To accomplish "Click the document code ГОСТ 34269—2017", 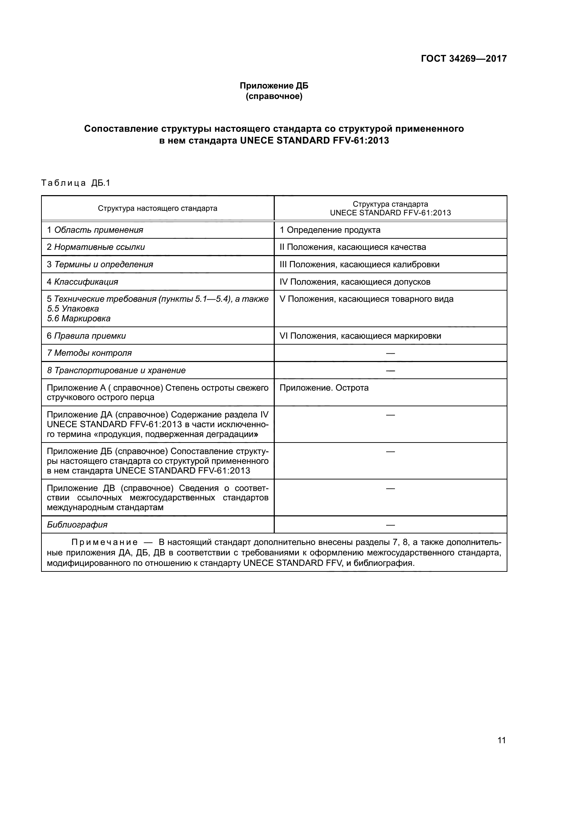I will [464, 59].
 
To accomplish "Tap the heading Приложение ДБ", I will [274, 86].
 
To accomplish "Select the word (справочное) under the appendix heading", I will [274, 97].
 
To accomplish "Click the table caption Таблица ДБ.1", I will [76, 183].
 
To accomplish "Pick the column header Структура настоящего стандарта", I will [157, 208].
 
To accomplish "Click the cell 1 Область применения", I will [95, 230].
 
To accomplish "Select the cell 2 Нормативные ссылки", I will [96, 247].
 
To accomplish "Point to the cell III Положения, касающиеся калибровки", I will [359, 264].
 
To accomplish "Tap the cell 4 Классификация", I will [82, 282].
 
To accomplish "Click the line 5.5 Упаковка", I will [73, 309].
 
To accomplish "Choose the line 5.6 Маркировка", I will [79, 318].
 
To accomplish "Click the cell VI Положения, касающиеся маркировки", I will [360, 336].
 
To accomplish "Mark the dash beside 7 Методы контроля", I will [390, 353].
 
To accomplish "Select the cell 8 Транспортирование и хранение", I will [116, 371].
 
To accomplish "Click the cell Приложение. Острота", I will [324, 388].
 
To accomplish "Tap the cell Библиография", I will [77, 525].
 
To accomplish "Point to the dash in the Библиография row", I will [390, 525].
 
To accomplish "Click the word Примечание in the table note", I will [104, 543].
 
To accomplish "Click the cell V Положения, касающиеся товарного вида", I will [366, 299].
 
